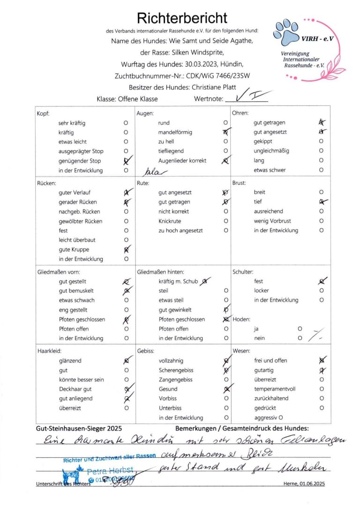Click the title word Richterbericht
pyautogui.click(x=182, y=18)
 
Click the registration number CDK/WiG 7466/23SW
pyautogui.click(x=212, y=75)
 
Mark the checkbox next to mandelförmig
pyautogui.click(x=226, y=133)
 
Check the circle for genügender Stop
pyautogui.click(x=126, y=161)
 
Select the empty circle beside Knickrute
pyautogui.click(x=226, y=221)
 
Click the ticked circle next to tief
pyautogui.click(x=322, y=202)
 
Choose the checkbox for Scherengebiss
pyautogui.click(x=226, y=370)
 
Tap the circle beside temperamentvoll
pyautogui.click(x=322, y=389)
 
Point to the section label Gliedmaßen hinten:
pyautogui.click(x=160, y=272)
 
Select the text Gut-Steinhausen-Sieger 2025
pyautogui.click(x=79, y=428)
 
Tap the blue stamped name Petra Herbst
pyautogui.click(x=110, y=469)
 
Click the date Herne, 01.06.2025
pyautogui.click(x=304, y=483)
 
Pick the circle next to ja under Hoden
pyautogui.click(x=300, y=329)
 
